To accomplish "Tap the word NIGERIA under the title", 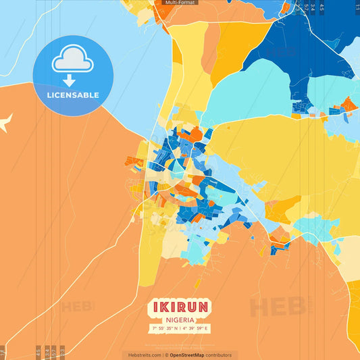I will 179,319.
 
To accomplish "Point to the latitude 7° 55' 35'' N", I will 164,328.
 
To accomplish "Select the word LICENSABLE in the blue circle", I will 72,95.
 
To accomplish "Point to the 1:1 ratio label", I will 357,6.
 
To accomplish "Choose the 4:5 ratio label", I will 322,7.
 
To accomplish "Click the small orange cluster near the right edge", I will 349,105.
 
